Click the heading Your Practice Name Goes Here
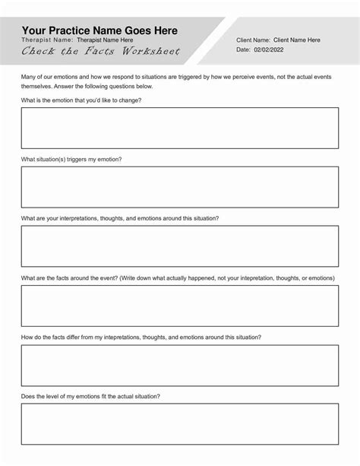click(99, 30)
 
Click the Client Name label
click(253, 40)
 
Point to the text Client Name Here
click(296, 40)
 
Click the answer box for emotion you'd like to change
click(179, 128)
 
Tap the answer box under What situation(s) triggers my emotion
click(179, 187)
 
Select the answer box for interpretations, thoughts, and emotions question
click(179, 246)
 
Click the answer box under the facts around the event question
click(179, 306)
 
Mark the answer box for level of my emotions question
click(179, 424)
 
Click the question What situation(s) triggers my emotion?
click(71, 159)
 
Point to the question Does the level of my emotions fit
click(90, 396)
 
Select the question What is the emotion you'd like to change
click(81, 100)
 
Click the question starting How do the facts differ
click(141, 337)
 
